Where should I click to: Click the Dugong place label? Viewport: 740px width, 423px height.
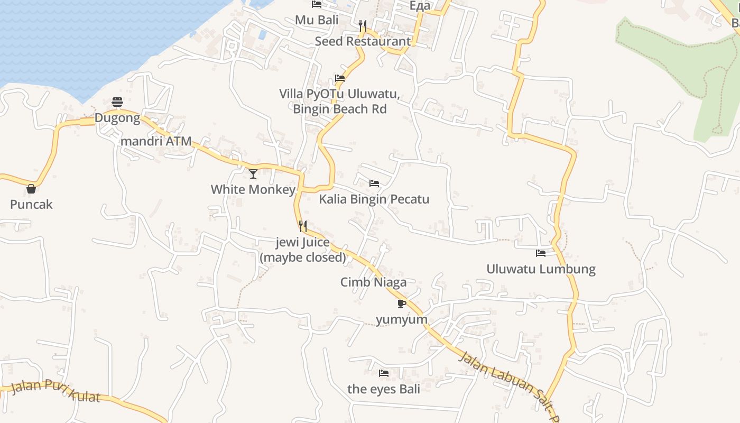coord(117,118)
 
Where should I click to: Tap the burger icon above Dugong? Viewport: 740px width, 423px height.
coord(117,102)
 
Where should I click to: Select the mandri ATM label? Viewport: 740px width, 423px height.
coord(156,142)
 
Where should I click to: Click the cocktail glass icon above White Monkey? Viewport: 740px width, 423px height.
coord(253,173)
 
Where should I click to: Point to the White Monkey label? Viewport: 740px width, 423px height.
coord(253,189)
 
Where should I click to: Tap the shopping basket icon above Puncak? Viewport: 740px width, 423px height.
coord(31,189)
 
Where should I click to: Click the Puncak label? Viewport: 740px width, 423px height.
coord(31,205)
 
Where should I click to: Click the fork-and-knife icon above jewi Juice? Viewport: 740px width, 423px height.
coord(303,226)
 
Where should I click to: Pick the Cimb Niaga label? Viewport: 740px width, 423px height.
coord(373,282)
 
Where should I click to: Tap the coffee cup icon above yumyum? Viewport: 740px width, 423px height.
coord(401,304)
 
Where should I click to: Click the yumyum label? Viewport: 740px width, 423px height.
coord(401,320)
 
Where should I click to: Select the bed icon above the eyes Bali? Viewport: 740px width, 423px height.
coord(384,373)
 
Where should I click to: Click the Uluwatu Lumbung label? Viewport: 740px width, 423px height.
coord(541,269)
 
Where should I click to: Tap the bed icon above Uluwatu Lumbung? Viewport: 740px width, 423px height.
coord(541,253)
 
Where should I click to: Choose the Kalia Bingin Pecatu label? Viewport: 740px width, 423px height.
coord(374,199)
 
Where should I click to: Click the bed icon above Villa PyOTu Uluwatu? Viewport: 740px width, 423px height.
coord(340,78)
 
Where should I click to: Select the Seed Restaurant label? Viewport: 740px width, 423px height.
coord(363,41)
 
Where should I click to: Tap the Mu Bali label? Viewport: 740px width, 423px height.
coord(317,20)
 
